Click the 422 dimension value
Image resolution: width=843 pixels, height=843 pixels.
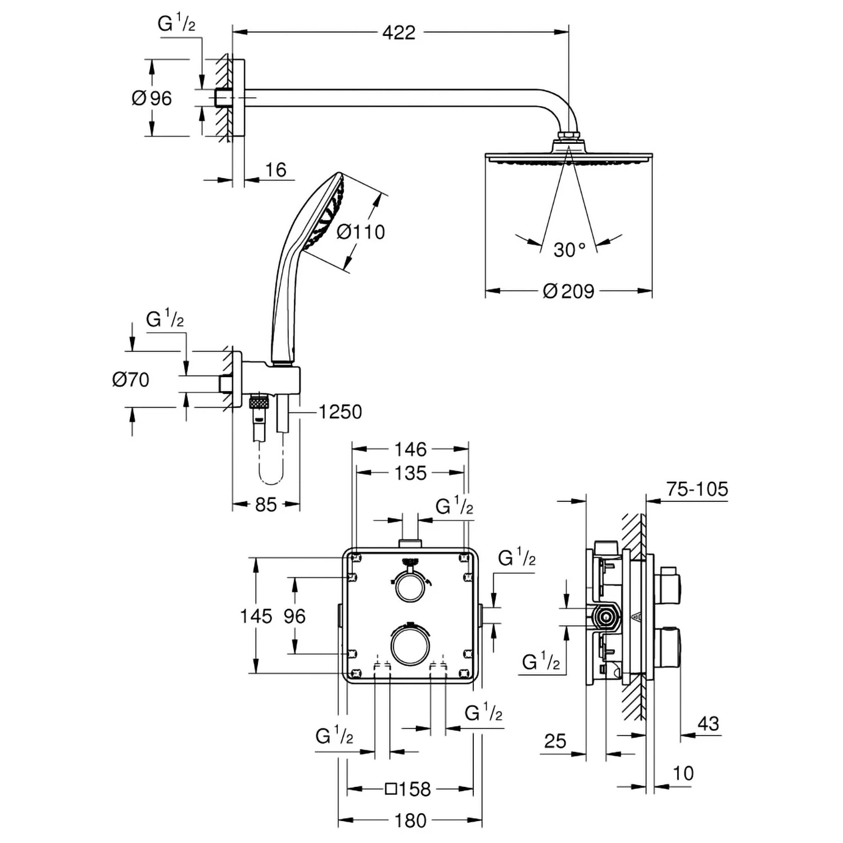(398, 33)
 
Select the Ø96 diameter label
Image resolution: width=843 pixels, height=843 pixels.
(152, 98)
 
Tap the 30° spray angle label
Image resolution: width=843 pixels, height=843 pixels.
(569, 249)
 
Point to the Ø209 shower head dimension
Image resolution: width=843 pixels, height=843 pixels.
(569, 291)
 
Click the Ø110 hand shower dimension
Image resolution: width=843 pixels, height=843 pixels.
(361, 232)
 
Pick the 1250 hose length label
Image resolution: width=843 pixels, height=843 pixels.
(340, 412)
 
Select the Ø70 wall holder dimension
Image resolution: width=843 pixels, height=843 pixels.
(130, 379)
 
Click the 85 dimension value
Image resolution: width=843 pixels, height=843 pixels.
(266, 504)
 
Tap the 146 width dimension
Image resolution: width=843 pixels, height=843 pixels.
(410, 449)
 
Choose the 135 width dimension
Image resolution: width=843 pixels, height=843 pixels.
(410, 473)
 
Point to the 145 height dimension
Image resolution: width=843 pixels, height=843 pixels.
(256, 616)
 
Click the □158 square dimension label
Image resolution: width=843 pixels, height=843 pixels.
(408, 789)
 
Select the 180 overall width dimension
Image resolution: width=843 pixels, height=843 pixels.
(410, 821)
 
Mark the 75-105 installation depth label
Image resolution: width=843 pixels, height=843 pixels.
(697, 489)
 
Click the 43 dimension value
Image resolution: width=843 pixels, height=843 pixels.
(708, 723)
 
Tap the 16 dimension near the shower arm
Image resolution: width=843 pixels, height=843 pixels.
(275, 169)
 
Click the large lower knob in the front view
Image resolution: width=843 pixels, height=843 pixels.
(410, 646)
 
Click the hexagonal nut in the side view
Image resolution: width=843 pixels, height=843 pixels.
(606, 617)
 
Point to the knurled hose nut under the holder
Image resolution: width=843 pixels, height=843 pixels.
(259, 402)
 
